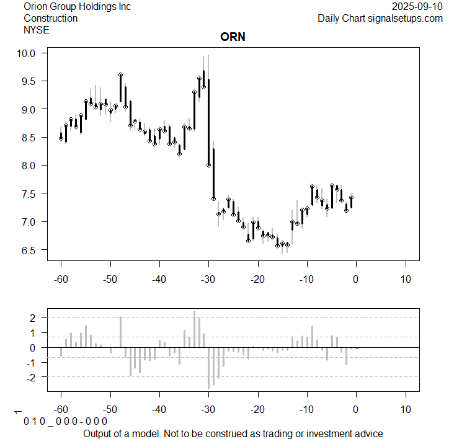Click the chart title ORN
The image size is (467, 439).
(233, 37)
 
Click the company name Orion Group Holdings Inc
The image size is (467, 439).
(77, 6)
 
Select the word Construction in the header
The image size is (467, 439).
(50, 18)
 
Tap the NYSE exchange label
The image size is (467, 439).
(36, 29)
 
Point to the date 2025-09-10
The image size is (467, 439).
(417, 6)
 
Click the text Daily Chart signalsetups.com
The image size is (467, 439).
(380, 18)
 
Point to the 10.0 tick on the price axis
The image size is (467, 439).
(29, 53)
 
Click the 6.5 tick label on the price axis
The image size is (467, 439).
(31, 250)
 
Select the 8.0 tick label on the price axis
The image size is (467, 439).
(31, 166)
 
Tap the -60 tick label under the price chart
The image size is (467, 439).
(61, 278)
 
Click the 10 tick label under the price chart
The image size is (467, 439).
(405, 278)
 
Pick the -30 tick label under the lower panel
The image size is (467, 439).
(208, 409)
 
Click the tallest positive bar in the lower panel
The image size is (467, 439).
(194, 329)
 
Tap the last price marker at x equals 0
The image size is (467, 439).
(351, 198)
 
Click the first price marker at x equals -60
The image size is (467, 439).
(61, 138)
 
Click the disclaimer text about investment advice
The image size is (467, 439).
(233, 433)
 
